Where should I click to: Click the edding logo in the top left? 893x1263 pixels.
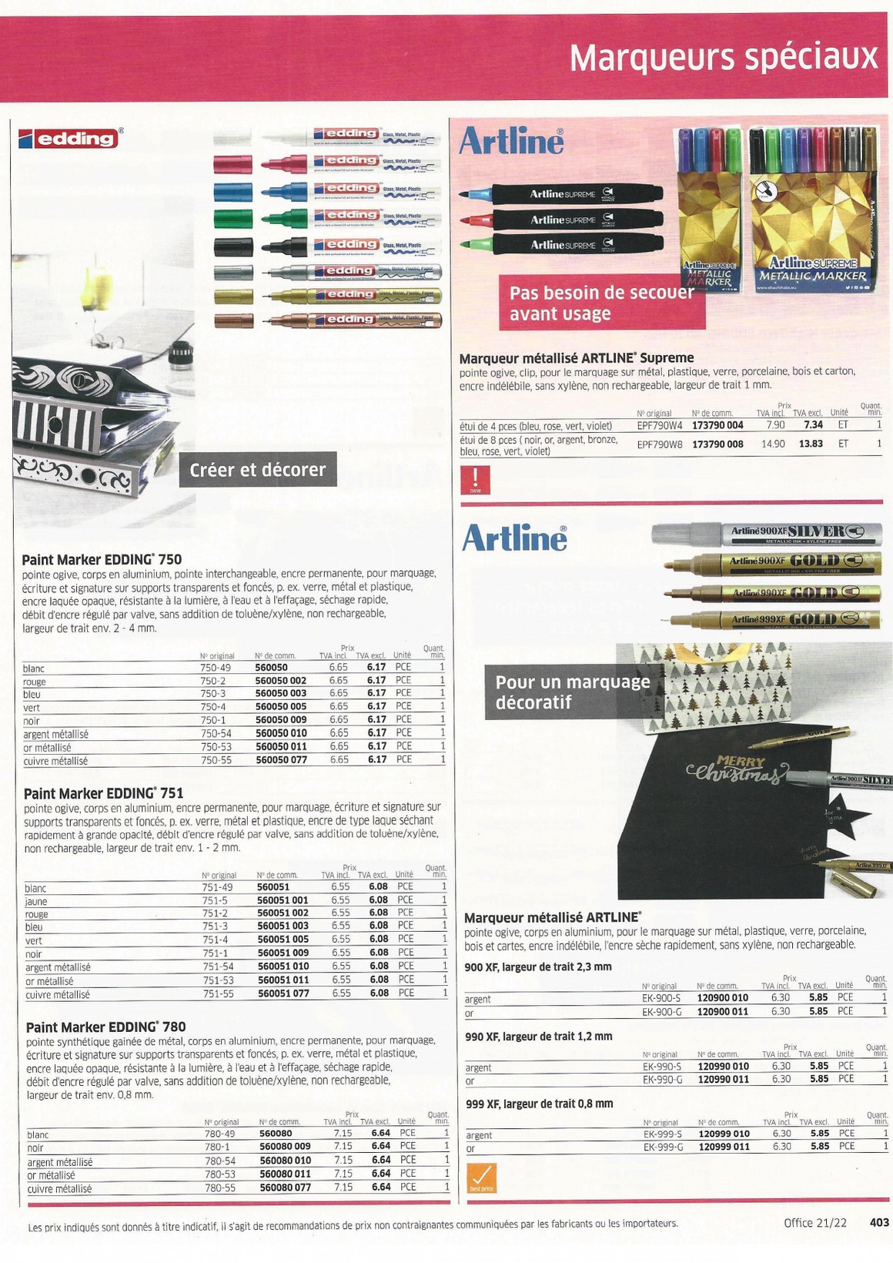tap(69, 139)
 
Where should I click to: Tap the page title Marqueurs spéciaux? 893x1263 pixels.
tap(723, 57)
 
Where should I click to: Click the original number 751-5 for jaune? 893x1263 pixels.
tap(215, 900)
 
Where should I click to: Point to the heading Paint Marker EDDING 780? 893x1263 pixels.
tap(105, 1027)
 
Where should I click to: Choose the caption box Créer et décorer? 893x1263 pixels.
tap(257, 469)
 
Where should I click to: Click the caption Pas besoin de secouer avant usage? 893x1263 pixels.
tap(601, 303)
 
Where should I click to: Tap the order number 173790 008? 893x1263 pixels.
tap(717, 444)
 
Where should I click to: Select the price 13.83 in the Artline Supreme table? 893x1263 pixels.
tap(811, 444)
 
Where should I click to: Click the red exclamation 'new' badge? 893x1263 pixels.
tap(475, 478)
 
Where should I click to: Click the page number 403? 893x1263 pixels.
tap(878, 1222)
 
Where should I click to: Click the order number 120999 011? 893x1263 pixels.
tap(724, 1147)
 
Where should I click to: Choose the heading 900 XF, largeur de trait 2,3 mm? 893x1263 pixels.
tap(538, 967)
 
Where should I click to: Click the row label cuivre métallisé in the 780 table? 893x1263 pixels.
tap(59, 1188)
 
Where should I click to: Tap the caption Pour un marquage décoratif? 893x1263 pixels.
tap(572, 692)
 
